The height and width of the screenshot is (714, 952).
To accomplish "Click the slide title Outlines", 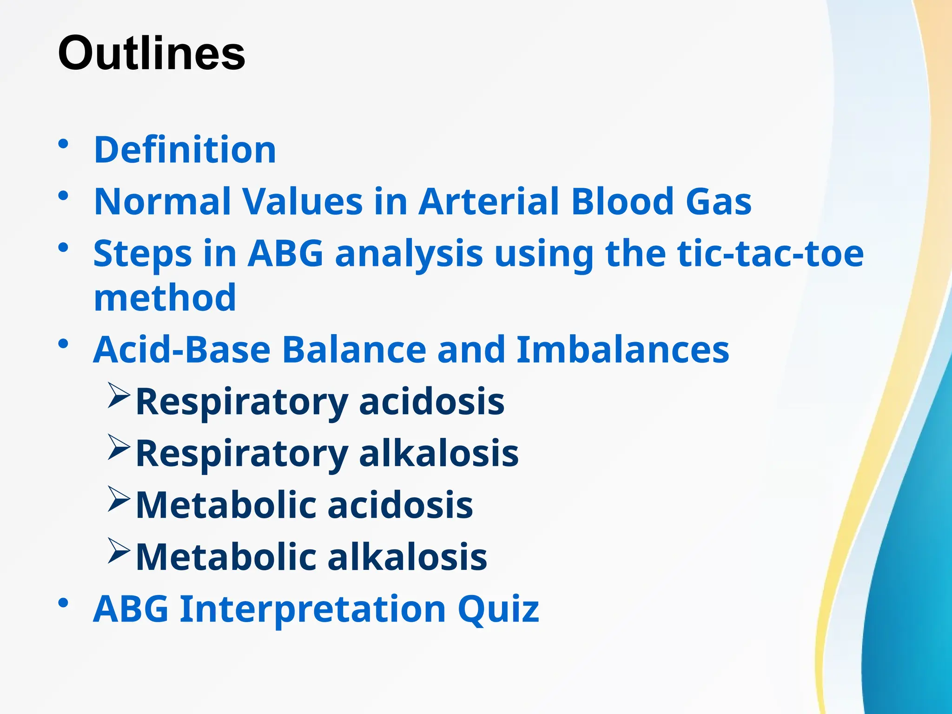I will [152, 54].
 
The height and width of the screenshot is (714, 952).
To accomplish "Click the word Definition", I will [185, 150].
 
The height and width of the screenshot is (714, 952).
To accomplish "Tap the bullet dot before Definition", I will [64, 144].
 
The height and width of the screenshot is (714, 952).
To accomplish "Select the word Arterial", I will [489, 202].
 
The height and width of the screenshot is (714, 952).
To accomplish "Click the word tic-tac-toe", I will [770, 254].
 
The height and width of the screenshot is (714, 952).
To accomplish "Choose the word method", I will [165, 297].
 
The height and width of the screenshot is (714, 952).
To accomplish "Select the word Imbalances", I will [623, 350].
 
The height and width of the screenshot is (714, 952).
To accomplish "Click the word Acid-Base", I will [182, 350].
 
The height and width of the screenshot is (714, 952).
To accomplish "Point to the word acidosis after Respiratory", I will [431, 402].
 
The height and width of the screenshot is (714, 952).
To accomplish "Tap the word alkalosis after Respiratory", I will [439, 454].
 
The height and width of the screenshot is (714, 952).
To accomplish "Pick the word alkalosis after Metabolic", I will [407, 557].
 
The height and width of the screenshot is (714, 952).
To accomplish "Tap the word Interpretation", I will [313, 609].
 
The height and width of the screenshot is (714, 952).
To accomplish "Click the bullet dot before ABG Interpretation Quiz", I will [64, 603].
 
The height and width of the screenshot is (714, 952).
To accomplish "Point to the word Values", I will [303, 202].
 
